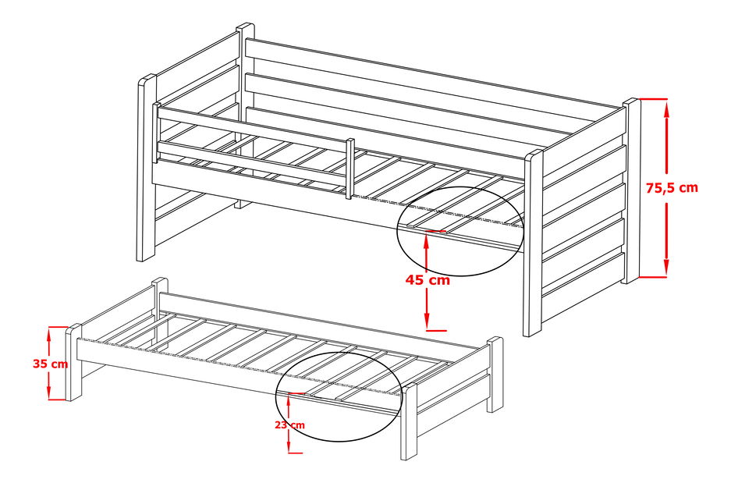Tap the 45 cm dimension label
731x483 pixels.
[428, 280]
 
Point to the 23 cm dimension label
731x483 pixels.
[289, 424]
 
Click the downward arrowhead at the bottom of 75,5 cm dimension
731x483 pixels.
[667, 268]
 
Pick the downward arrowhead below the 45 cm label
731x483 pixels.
[428, 322]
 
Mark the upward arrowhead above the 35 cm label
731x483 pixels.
[50, 333]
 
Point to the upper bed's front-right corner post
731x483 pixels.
[533, 242]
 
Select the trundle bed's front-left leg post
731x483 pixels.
[74, 363]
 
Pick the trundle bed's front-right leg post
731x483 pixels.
[410, 421]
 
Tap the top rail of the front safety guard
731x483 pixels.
[250, 125]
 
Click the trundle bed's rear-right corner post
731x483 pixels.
[495, 375]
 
